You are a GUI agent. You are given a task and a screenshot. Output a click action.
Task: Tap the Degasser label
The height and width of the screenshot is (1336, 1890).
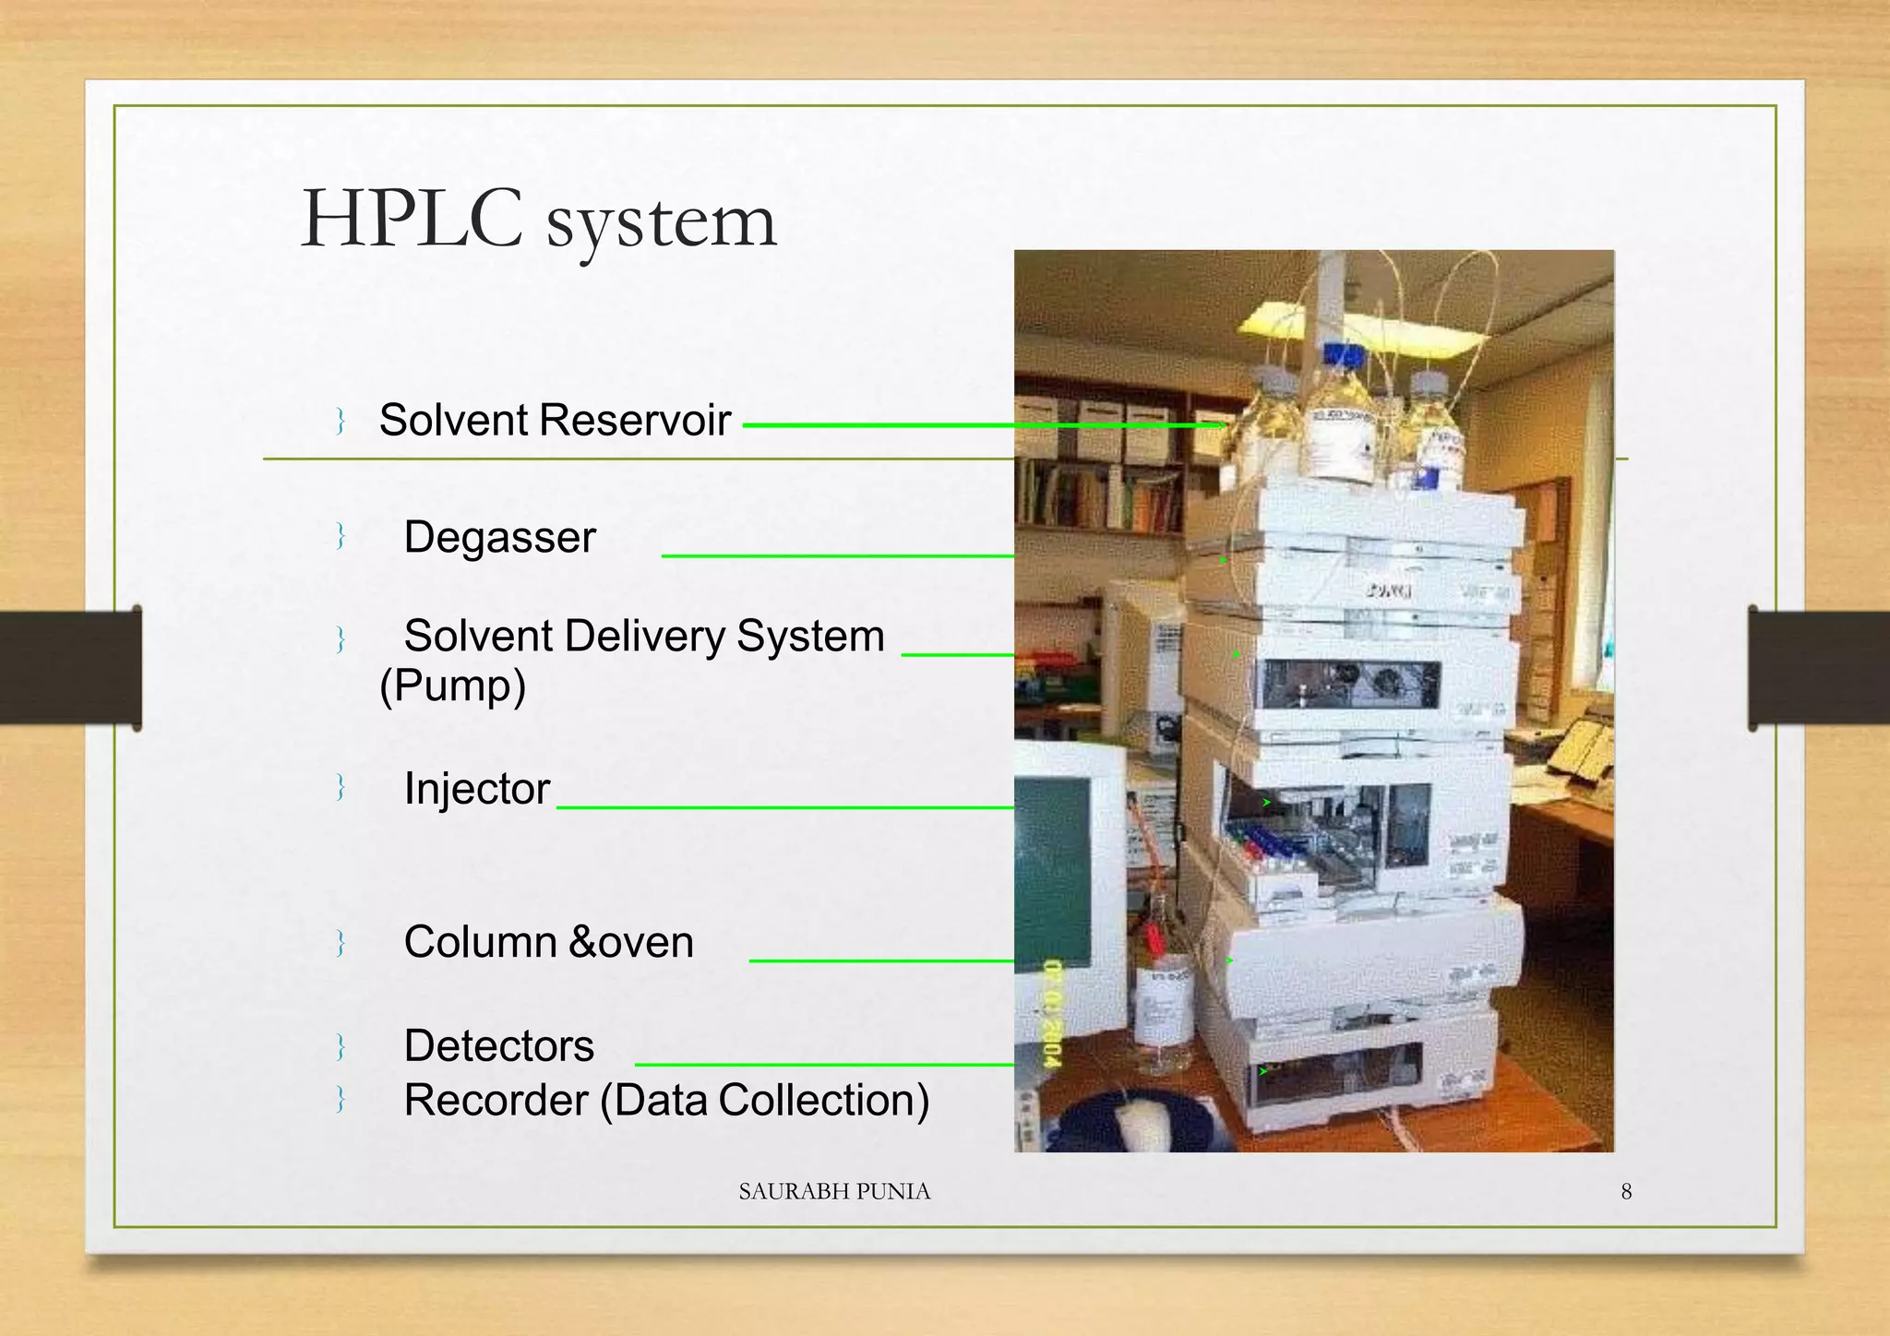pos(499,537)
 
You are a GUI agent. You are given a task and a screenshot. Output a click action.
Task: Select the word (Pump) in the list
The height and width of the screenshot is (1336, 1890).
pos(452,686)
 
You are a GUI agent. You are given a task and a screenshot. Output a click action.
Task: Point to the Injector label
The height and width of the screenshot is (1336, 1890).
pos(476,789)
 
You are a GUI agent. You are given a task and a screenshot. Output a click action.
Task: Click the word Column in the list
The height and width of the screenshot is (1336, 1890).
pos(480,942)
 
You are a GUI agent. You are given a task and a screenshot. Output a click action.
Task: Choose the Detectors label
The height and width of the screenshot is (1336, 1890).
pos(498,1045)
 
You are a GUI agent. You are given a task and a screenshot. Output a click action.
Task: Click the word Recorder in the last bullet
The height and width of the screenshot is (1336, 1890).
pos(496,1100)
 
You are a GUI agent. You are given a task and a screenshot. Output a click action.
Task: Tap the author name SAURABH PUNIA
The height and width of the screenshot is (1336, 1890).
pos(834,1191)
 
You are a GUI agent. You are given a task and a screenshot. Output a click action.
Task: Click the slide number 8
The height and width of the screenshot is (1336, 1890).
pos(1626,1191)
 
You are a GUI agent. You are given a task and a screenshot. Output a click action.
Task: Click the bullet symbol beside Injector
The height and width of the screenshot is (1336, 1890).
pos(341,788)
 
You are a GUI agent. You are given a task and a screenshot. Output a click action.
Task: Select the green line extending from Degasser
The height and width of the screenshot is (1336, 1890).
pos(836,556)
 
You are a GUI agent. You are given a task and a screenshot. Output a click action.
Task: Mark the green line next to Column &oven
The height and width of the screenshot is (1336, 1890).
pos(880,960)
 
